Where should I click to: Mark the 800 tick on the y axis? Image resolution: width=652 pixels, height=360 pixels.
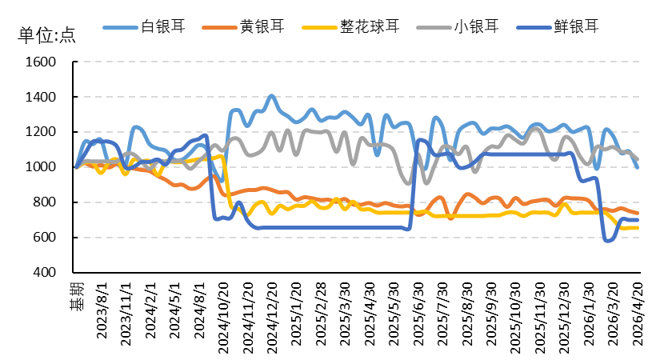[44, 202]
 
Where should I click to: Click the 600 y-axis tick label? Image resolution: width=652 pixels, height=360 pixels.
[44, 238]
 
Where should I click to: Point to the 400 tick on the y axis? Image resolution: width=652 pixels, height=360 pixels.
[44, 273]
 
